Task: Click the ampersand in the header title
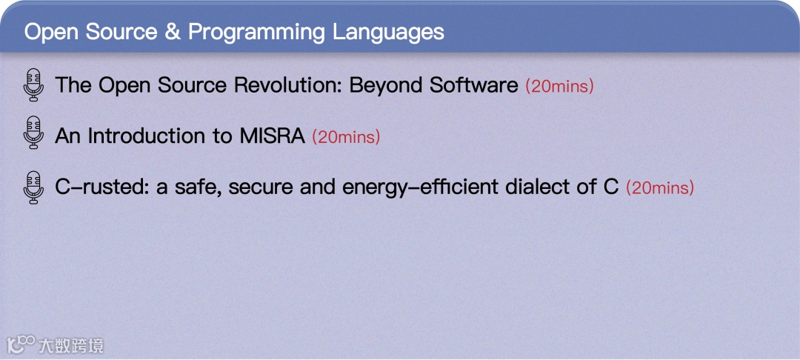[x=173, y=32]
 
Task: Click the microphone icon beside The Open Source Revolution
[x=33, y=84]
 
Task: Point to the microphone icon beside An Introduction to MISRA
[x=33, y=133]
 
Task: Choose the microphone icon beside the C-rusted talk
[x=33, y=187]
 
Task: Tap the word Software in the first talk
[x=473, y=85]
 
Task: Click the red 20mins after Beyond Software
[x=560, y=86]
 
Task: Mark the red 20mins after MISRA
[x=346, y=138]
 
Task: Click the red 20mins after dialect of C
[x=660, y=188]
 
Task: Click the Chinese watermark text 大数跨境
[x=72, y=346]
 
